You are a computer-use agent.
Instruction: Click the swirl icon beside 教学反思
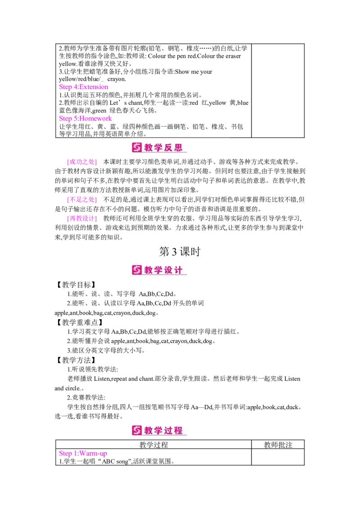(137, 147)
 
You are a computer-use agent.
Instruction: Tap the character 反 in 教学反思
(169, 147)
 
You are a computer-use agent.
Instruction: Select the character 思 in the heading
(179, 147)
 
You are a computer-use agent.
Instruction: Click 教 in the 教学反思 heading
(149, 147)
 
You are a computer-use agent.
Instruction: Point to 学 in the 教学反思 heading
(159, 147)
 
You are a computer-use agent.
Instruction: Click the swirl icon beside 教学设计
(137, 270)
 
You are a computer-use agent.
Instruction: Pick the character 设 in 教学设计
(169, 270)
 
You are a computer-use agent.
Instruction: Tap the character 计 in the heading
(179, 270)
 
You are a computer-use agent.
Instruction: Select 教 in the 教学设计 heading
(149, 270)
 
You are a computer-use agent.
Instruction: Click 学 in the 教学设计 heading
(159, 270)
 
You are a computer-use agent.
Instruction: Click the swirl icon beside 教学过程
(137, 430)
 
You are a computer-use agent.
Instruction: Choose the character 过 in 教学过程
(169, 430)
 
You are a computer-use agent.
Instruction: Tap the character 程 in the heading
(179, 430)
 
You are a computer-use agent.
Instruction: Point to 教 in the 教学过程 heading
(149, 430)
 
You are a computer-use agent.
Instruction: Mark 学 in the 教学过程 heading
(159, 430)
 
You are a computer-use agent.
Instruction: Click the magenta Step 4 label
(84, 87)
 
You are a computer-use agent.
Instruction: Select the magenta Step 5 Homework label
(85, 119)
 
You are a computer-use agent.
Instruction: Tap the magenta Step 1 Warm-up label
(83, 453)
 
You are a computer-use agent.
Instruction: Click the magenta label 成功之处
(81, 162)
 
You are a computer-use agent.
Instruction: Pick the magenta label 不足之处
(81, 200)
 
